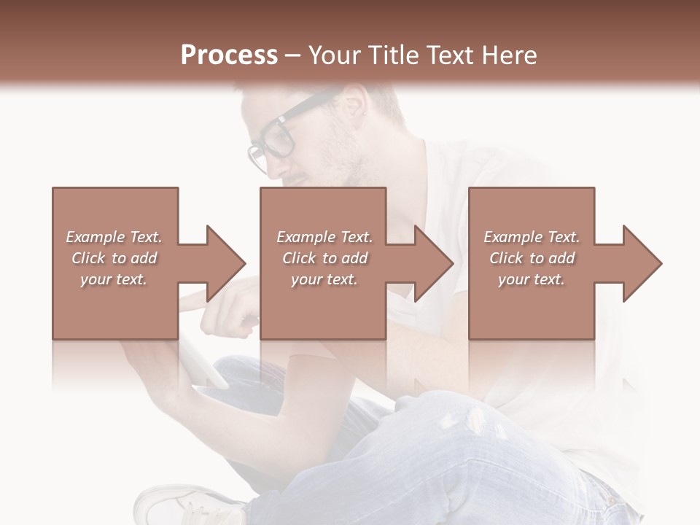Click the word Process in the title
pos(229,55)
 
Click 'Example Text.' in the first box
pos(114,237)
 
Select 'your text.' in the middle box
pos(324,279)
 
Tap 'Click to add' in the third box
pos(532,258)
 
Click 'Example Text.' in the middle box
pos(324,237)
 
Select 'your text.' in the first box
pos(114,279)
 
